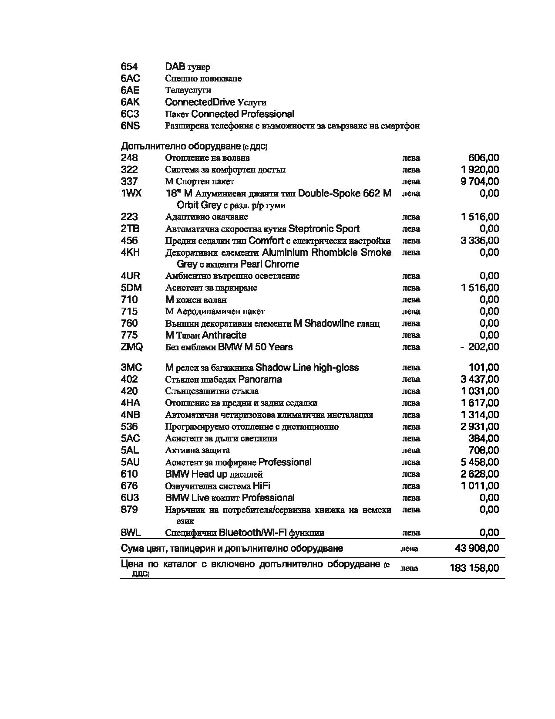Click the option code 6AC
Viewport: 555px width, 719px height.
pos(130,78)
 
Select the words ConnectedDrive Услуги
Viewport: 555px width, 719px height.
pos(215,102)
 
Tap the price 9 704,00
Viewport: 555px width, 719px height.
pos(480,182)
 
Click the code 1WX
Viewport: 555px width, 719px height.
pos(131,193)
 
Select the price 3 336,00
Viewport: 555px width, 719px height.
pos(480,241)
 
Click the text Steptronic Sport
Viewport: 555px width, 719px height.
pos(324,229)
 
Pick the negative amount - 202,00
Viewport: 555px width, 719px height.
pos(480,347)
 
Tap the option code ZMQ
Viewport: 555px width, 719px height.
pos(131,347)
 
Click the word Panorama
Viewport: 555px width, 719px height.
pos(260,380)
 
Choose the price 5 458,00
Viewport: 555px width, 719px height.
pos(480,462)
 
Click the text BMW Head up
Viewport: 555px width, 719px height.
pos(196,474)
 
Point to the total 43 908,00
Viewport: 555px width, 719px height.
pos(477,548)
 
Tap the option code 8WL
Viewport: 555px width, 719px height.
pos(131,532)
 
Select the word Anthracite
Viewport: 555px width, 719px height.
pos(224,335)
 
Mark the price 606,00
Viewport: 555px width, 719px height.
pos(483,158)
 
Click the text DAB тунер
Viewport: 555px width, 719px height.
pos(188,67)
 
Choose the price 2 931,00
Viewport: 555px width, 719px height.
pos(480,427)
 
